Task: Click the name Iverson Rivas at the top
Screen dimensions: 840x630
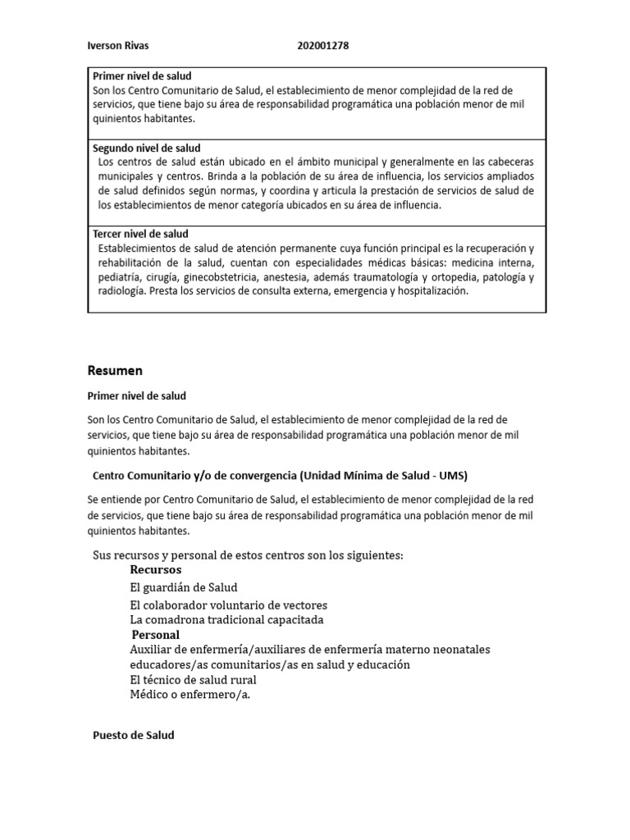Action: tap(118, 46)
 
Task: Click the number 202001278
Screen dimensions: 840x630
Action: tap(323, 46)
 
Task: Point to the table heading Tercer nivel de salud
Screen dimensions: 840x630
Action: tap(140, 234)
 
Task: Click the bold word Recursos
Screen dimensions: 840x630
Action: tap(156, 569)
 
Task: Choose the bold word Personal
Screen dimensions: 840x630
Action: tap(156, 635)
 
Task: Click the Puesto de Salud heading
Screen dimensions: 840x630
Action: tap(134, 736)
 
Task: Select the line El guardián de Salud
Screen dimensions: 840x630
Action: tap(184, 587)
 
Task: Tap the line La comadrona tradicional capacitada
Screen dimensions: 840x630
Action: tap(227, 619)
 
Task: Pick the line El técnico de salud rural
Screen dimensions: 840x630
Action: tap(194, 680)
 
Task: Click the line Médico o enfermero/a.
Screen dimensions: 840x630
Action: tap(189, 695)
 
